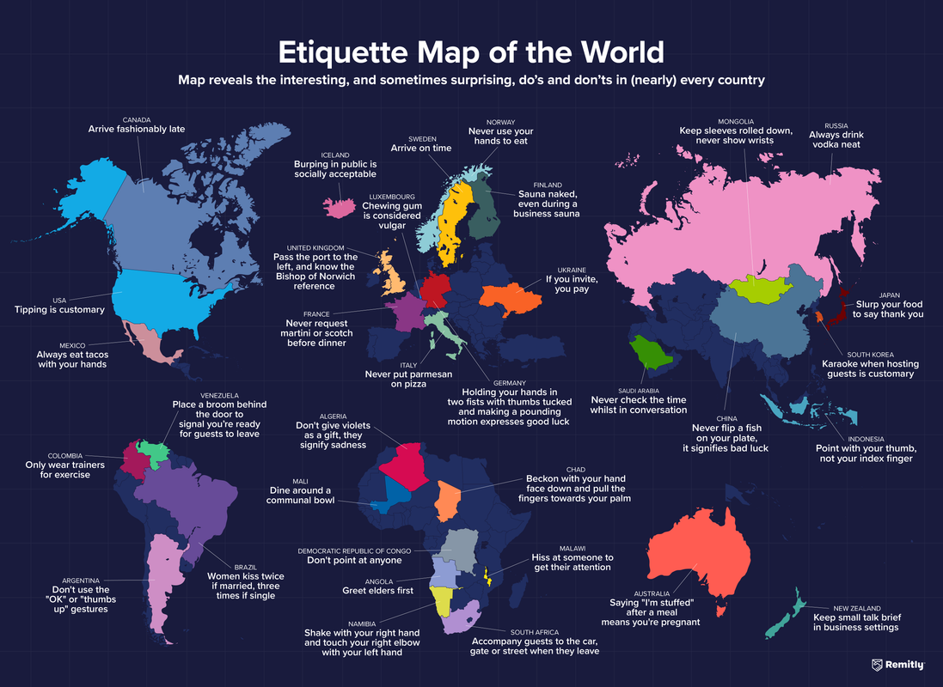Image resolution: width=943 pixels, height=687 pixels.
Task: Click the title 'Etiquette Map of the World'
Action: click(x=471, y=52)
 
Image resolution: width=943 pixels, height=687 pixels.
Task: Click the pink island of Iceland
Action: click(x=340, y=206)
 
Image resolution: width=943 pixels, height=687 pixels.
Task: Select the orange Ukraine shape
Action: click(x=511, y=295)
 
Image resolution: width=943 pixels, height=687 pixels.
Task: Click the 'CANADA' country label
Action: click(x=137, y=120)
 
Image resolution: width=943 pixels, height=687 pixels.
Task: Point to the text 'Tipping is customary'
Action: click(x=59, y=310)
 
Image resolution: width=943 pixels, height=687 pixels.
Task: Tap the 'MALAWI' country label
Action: click(x=572, y=549)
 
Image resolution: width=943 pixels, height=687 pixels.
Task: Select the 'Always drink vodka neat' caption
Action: click(x=836, y=140)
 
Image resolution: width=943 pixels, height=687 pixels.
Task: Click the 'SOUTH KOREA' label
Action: click(x=869, y=354)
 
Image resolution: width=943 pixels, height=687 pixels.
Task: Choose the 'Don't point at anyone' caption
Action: click(x=354, y=560)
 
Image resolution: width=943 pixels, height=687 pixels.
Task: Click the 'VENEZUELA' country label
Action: click(x=219, y=396)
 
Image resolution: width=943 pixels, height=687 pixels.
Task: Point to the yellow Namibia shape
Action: click(x=445, y=601)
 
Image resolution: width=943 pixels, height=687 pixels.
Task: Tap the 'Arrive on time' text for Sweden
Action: click(x=422, y=148)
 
